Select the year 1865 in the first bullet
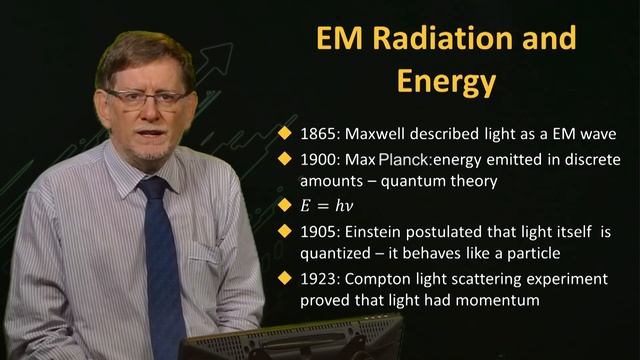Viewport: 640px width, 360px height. pos(319,133)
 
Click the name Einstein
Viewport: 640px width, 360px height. pos(379,232)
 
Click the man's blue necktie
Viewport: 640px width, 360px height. pos(160,260)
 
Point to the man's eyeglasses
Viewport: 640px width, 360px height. pos(147,97)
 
